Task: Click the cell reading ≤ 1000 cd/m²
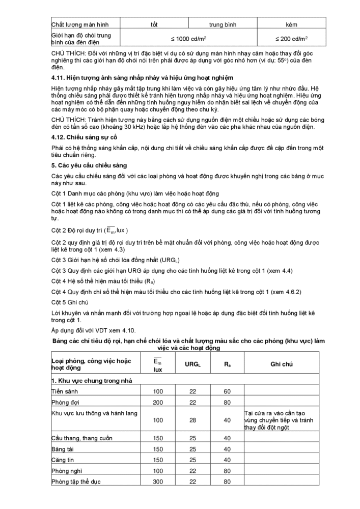click(x=187, y=39)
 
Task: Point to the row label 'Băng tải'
click(x=63, y=449)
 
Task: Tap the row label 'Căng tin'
click(x=63, y=460)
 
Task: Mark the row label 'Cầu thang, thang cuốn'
click(x=81, y=438)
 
